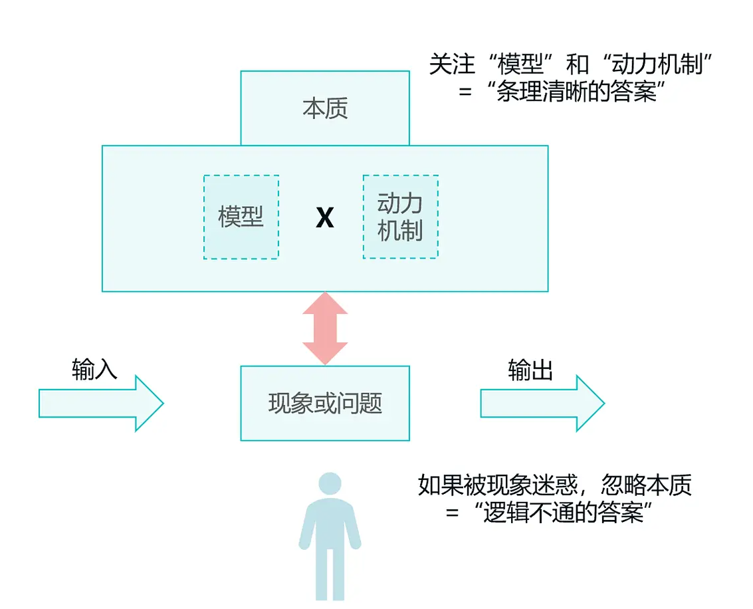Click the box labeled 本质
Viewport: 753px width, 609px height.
(x=324, y=108)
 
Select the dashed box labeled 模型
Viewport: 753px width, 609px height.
(x=241, y=217)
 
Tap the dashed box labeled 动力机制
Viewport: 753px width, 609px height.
(x=401, y=217)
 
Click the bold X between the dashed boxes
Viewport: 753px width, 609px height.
(x=324, y=217)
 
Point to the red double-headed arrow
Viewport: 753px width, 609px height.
(x=325, y=328)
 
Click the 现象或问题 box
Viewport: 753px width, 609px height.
(x=324, y=403)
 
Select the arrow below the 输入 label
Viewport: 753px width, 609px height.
(x=101, y=403)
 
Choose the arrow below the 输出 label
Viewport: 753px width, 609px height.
(x=543, y=403)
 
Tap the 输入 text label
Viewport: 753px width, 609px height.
(x=94, y=370)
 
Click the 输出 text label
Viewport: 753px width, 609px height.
(x=530, y=370)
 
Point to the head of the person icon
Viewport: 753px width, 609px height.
(x=330, y=483)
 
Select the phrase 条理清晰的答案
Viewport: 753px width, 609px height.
(x=576, y=91)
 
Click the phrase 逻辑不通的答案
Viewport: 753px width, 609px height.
(x=563, y=513)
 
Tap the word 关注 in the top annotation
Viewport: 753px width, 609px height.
(x=452, y=64)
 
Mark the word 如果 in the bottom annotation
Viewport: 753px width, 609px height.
(x=441, y=485)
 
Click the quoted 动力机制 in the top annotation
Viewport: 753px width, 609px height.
(x=657, y=64)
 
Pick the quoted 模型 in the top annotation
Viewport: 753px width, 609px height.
(x=520, y=64)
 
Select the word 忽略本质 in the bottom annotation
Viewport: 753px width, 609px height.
(x=647, y=485)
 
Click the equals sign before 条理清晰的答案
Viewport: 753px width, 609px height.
(x=465, y=91)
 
